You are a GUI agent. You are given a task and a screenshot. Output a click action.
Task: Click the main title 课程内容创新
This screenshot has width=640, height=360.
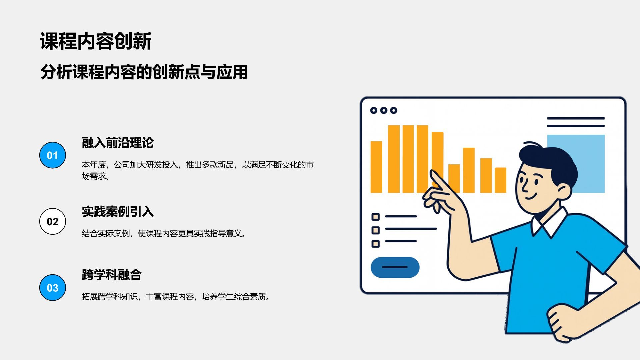(96, 41)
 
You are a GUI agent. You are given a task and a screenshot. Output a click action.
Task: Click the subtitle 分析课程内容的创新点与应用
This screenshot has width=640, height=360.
(144, 72)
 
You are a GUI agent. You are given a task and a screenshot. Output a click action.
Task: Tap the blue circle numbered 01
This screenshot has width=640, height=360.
(52, 155)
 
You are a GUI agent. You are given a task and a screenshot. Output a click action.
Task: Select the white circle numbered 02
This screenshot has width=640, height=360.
(52, 222)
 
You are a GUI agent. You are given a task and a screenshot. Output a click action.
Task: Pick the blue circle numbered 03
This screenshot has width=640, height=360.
(52, 288)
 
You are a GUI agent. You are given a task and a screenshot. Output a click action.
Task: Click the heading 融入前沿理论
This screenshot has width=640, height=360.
(118, 143)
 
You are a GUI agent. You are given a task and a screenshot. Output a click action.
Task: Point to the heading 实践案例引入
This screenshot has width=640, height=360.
(118, 212)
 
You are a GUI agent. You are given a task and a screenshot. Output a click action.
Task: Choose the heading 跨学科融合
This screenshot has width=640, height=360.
(112, 275)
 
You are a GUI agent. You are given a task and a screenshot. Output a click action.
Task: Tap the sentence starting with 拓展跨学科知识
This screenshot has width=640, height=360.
(176, 297)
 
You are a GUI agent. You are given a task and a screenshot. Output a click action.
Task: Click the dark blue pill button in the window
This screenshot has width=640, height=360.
(395, 267)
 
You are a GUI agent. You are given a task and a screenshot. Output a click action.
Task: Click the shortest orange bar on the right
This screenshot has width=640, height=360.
(500, 180)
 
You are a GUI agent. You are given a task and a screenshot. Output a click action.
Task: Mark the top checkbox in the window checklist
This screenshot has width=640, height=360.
(376, 217)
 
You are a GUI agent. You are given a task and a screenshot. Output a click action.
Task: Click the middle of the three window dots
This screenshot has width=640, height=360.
(384, 110)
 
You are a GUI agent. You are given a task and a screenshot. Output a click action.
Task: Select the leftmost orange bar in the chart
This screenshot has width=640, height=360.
(376, 167)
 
